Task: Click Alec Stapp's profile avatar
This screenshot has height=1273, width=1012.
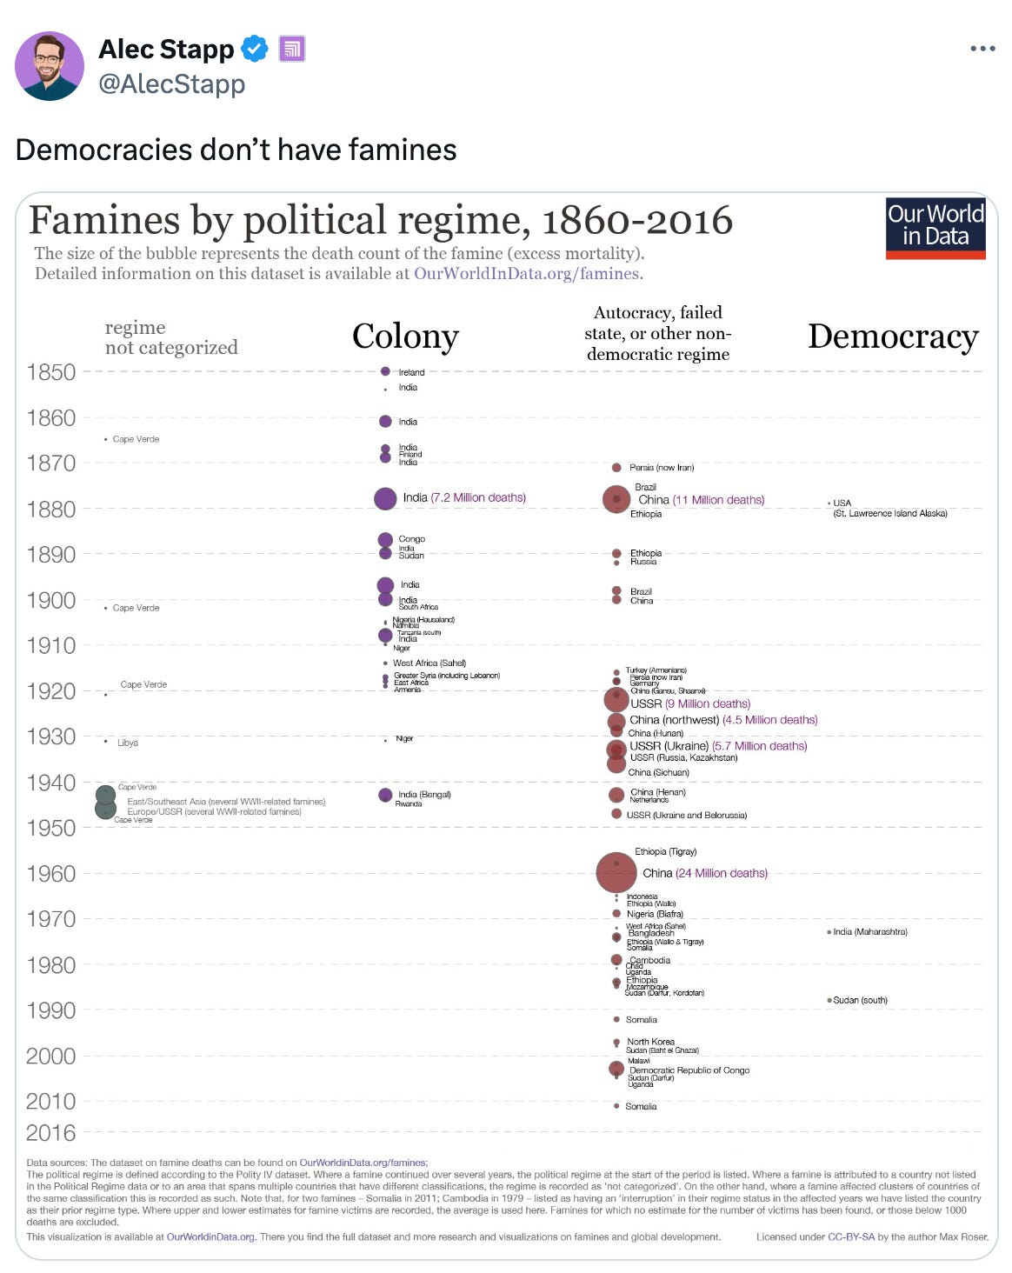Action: [50, 66]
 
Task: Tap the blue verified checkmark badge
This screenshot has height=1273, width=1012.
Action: [254, 49]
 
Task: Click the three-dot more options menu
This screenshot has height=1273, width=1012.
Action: [982, 49]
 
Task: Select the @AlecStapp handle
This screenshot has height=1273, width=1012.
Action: [172, 84]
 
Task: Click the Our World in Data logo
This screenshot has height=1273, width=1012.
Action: [935, 228]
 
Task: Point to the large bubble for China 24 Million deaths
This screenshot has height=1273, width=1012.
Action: [616, 872]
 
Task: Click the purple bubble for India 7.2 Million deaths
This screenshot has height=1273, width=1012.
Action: [385, 498]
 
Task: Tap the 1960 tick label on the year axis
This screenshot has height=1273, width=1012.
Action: [51, 874]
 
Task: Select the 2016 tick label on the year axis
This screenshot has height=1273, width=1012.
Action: [51, 1133]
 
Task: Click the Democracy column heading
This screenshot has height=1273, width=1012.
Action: [893, 337]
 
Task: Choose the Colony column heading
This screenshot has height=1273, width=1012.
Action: [405, 337]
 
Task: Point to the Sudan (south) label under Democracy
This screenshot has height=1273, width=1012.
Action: [860, 1001]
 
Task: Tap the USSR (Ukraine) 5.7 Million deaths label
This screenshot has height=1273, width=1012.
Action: [718, 746]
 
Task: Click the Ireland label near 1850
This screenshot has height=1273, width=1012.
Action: [411, 372]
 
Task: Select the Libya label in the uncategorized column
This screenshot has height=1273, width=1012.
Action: [128, 743]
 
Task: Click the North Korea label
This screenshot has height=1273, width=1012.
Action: [650, 1042]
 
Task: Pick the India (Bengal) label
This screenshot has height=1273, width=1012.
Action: [424, 795]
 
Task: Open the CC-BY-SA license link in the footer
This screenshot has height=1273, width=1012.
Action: [850, 1236]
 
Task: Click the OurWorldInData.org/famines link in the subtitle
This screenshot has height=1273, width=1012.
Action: [527, 274]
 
